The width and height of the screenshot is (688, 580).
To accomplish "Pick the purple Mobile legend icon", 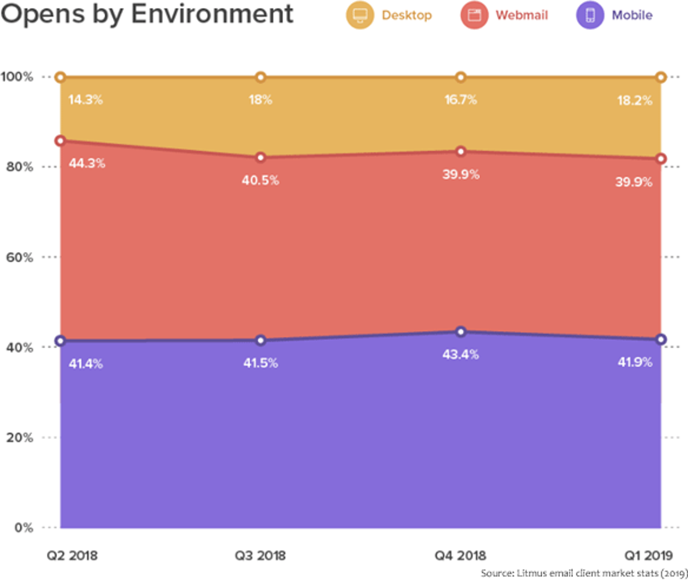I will (x=590, y=15).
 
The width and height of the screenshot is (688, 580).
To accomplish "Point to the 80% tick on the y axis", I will (x=20, y=167).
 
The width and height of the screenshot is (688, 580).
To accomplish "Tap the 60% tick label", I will (x=20, y=257).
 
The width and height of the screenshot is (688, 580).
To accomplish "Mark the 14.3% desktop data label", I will (x=85, y=100).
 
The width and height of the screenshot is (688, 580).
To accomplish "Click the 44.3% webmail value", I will (x=87, y=163).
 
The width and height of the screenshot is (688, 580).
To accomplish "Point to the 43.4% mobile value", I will (x=460, y=354).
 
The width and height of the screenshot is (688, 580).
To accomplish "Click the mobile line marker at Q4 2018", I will (x=461, y=332).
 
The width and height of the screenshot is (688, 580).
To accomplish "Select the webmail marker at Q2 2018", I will (x=60, y=141).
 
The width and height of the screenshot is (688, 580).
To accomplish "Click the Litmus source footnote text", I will (x=584, y=573).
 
